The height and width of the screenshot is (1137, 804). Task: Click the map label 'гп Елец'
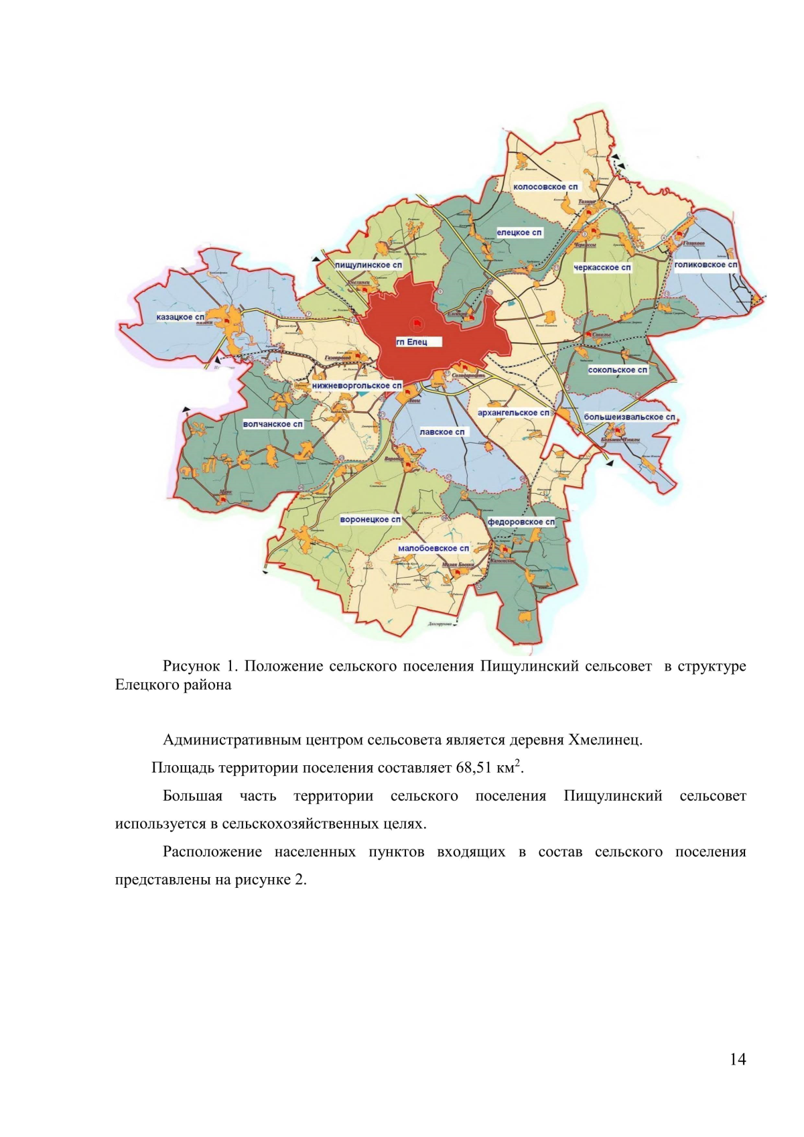click(x=411, y=342)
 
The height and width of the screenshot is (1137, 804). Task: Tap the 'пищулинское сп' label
click(x=368, y=265)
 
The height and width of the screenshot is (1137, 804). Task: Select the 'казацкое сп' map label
click(x=180, y=317)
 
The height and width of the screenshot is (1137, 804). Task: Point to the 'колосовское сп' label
click(x=545, y=187)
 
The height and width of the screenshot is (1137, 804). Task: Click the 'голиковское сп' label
click(x=706, y=265)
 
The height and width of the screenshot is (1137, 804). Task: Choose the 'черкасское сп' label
click(x=602, y=267)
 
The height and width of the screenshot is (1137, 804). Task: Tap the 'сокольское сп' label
click(x=618, y=370)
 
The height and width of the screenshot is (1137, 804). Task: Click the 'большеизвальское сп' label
click(x=629, y=417)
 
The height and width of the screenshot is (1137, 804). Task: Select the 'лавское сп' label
click(x=442, y=432)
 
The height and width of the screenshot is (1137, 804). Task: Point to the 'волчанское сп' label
click(x=273, y=424)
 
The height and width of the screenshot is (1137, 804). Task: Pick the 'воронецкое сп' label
click(x=371, y=519)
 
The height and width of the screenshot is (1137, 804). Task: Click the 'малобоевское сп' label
click(x=433, y=548)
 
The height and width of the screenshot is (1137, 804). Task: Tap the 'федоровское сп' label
click(x=521, y=522)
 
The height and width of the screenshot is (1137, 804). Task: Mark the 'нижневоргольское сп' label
click(x=357, y=386)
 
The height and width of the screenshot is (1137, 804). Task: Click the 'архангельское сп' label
click(x=513, y=413)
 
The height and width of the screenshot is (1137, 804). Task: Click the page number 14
click(x=737, y=1059)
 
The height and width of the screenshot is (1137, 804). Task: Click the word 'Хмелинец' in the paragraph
click(x=605, y=740)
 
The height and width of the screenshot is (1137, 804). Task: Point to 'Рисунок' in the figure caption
click(x=191, y=666)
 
